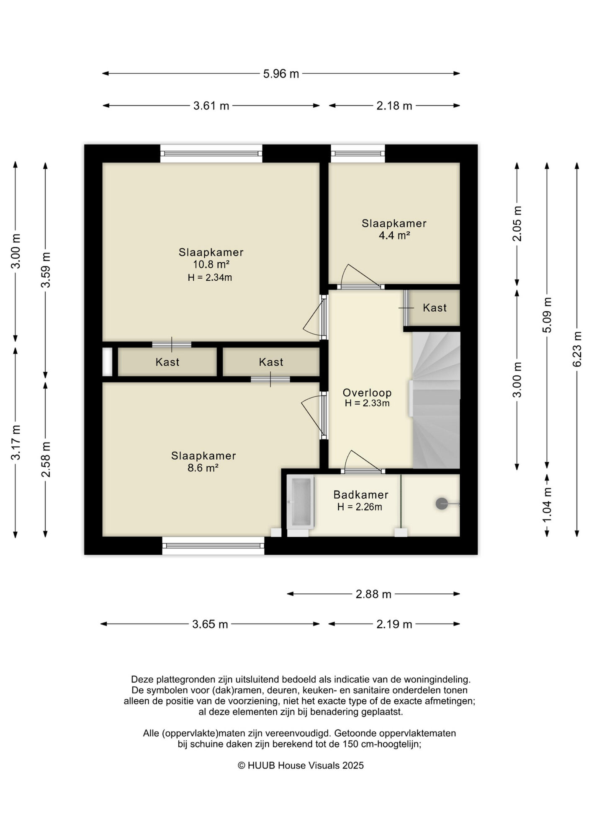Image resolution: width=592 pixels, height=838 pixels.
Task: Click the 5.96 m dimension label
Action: (281, 74)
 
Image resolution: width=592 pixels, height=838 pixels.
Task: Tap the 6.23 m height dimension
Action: (577, 349)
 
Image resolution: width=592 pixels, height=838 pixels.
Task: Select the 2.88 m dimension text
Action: (373, 594)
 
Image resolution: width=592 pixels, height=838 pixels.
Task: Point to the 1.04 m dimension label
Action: (547, 505)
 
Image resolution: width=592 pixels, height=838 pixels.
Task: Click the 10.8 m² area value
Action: (211, 264)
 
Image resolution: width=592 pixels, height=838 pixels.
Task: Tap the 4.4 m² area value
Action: (394, 235)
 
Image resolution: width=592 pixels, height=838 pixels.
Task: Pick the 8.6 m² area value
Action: (203, 468)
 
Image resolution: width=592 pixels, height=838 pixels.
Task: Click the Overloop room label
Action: (367, 393)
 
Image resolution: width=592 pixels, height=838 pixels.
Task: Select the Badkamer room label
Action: (361, 494)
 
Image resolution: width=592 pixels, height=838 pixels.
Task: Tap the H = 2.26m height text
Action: (360, 507)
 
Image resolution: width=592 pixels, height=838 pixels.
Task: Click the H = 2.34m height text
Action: (210, 277)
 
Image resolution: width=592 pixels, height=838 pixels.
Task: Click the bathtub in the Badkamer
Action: (300, 502)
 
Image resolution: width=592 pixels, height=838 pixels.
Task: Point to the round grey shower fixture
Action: (442, 503)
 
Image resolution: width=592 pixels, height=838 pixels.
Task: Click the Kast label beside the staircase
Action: (435, 308)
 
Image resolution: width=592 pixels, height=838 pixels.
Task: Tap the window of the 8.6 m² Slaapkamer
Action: (213, 546)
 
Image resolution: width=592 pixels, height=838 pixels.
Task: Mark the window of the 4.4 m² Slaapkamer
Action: (358, 153)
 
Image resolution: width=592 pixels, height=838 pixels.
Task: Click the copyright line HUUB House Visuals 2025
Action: (301, 766)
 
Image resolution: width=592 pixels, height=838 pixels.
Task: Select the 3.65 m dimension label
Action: (210, 624)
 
